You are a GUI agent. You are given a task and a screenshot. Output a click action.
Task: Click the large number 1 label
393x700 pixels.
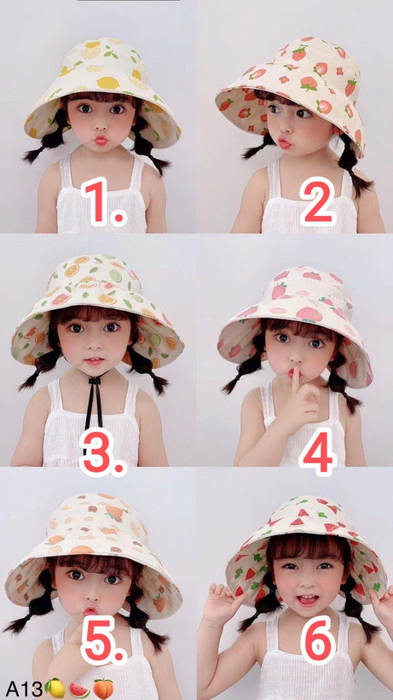click(x=105, y=201)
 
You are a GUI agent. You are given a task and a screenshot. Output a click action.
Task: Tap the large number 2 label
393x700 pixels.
click(x=318, y=201)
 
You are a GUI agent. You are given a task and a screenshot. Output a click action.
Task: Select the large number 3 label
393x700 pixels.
click(x=104, y=452)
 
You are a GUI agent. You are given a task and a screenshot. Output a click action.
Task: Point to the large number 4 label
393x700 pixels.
click(x=318, y=452)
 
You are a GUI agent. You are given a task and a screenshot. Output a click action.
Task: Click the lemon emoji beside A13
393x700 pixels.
click(x=55, y=688)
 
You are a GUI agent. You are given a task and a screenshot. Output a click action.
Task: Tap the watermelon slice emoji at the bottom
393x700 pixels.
click(x=79, y=689)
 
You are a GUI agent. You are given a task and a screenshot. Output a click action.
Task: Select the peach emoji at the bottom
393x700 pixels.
click(x=103, y=688)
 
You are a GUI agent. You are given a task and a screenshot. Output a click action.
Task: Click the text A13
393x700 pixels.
click(x=24, y=689)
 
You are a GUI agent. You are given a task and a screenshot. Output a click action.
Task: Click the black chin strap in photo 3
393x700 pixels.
click(x=95, y=402)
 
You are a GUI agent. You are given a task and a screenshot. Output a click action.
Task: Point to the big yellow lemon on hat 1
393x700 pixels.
click(x=109, y=83)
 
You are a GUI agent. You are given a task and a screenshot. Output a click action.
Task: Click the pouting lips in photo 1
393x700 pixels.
click(x=101, y=140)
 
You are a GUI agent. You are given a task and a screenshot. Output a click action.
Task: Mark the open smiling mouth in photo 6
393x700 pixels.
click(x=308, y=599)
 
